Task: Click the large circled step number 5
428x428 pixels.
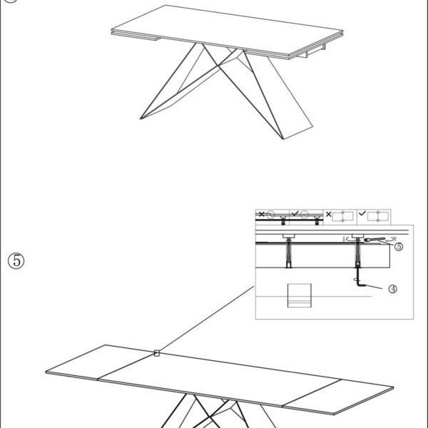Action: (16, 260)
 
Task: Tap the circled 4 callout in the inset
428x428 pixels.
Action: (392, 289)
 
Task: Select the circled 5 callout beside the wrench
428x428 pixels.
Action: (399, 247)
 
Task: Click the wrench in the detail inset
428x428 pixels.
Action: (374, 240)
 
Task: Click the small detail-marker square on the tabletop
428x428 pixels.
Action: (157, 353)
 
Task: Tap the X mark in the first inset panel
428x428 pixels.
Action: (262, 214)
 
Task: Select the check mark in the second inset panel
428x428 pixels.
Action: (295, 214)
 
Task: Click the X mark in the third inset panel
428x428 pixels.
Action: (328, 214)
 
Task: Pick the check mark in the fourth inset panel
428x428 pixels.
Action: (362, 213)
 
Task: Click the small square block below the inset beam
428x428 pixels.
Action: (300, 295)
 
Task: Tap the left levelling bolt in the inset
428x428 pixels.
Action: (288, 251)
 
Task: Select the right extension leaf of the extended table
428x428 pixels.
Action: (338, 397)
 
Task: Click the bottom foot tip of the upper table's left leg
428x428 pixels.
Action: (141, 118)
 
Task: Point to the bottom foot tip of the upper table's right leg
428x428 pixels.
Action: (283, 138)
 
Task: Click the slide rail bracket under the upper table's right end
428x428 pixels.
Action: (311, 52)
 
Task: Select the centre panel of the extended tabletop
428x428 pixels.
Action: (219, 379)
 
